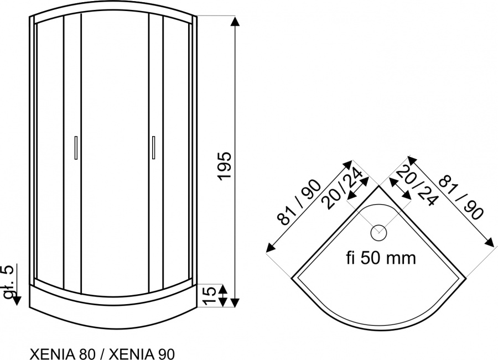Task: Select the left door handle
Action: (76, 147)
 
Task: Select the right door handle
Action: (153, 147)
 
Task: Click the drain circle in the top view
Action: (378, 233)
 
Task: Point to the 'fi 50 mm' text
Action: (381, 258)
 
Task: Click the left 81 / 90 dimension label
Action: (299, 202)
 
